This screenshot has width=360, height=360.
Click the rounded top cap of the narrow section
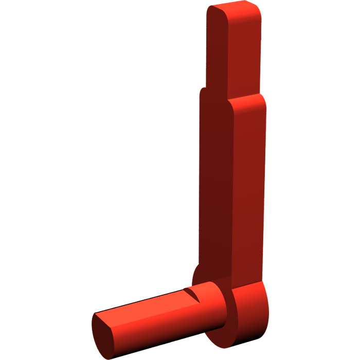coord(234,10)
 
